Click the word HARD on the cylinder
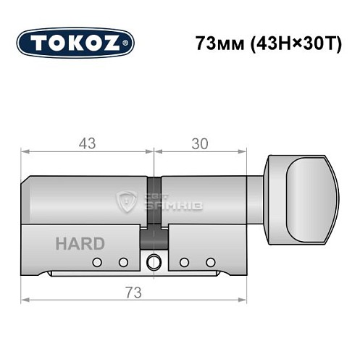(x=80, y=243)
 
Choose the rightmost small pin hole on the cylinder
(x=211, y=261)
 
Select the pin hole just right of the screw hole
(x=184, y=261)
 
